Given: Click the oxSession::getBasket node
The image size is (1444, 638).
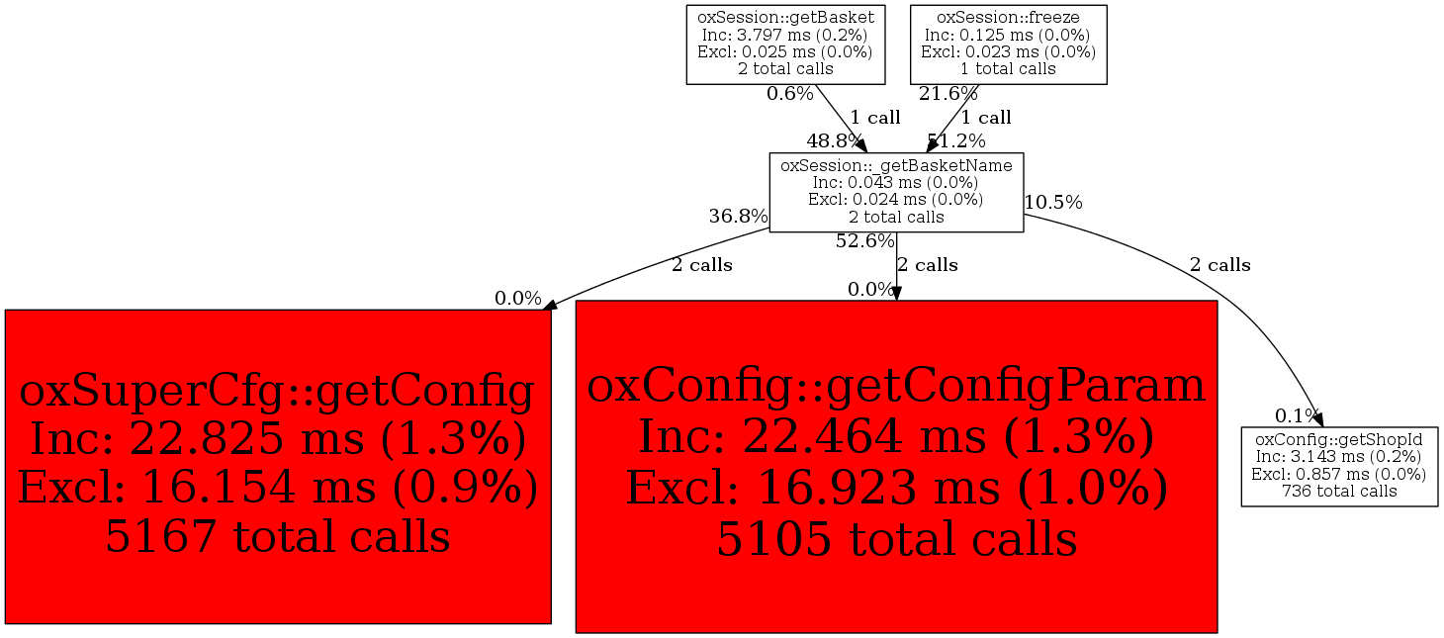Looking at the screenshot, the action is click(x=785, y=45).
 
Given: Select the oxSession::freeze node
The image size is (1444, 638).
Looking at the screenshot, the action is click(x=1008, y=45).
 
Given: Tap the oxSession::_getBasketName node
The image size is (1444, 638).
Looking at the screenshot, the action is click(x=896, y=192).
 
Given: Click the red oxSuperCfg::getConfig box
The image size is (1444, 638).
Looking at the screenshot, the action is click(x=278, y=467).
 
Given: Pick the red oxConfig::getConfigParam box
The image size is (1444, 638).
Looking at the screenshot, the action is click(x=896, y=467).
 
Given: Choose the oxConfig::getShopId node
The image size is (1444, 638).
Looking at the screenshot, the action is click(x=1339, y=467).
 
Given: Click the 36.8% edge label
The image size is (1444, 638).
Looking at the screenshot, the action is click(x=738, y=217).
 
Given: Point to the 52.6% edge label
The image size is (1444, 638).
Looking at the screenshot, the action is click(x=865, y=241).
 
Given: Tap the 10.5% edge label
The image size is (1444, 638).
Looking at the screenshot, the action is click(x=1053, y=203).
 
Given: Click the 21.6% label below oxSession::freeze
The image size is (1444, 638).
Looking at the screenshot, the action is click(x=948, y=93).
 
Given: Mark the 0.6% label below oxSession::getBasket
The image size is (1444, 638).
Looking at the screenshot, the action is click(x=789, y=93).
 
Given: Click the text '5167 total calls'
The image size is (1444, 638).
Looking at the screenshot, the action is click(x=278, y=536).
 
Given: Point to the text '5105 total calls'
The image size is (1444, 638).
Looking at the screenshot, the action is click(x=897, y=539).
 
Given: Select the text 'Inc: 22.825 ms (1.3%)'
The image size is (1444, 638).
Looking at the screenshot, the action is click(x=278, y=439).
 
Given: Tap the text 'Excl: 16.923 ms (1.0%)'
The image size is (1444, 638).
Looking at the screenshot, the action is click(x=897, y=488).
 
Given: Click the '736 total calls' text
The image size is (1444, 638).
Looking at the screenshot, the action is click(x=1339, y=491).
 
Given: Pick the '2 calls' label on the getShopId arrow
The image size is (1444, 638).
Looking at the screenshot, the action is click(x=1219, y=265).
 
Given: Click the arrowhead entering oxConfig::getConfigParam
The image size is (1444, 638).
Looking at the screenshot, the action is click(x=896, y=294).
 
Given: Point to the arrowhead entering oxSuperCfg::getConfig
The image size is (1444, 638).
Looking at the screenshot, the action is click(x=550, y=306).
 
